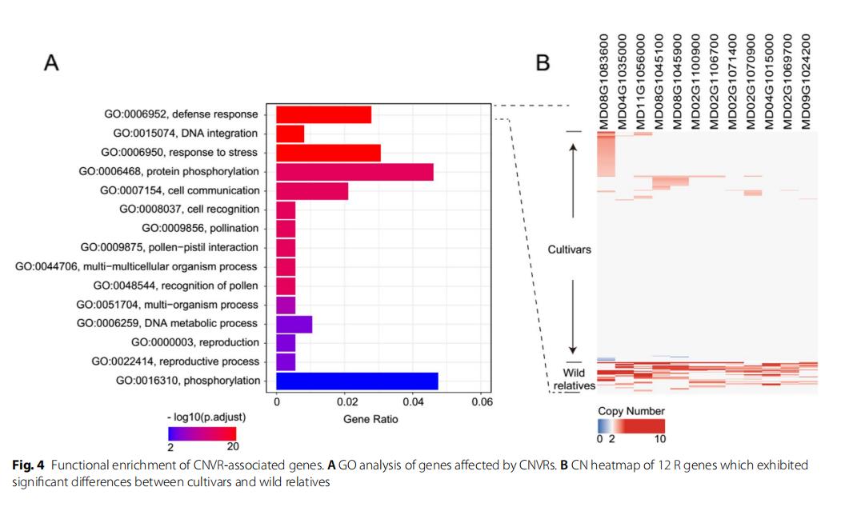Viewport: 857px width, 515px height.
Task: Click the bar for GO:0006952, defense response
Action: pos(323,114)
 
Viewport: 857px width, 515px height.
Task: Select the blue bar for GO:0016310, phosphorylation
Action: pos(357,381)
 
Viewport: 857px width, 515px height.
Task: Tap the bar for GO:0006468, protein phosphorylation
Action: pos(354,171)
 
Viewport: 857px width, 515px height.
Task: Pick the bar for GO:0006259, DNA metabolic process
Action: pos(294,324)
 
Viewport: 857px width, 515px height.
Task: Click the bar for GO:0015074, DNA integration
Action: pos(290,134)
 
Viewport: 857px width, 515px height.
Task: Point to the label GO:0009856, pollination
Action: pos(200,229)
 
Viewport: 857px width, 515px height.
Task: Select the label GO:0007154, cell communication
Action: pos(180,190)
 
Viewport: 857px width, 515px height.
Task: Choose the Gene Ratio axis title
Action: pos(378,419)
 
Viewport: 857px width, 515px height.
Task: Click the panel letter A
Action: pos(51,64)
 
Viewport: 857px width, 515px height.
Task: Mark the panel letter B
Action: pos(543,62)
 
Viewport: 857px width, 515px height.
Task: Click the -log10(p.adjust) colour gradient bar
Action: pos(203,433)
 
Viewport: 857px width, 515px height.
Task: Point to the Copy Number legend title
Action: pos(631,411)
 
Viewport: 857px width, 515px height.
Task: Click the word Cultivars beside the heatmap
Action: pos(569,250)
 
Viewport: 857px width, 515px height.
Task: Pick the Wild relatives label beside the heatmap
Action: pos(574,379)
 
